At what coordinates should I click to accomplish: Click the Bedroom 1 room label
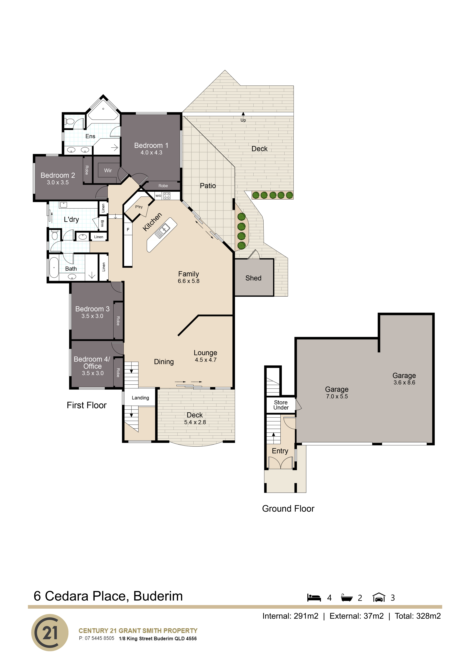click(x=151, y=146)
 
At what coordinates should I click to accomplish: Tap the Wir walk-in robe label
click(x=108, y=171)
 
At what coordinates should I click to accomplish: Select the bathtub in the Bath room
click(x=54, y=268)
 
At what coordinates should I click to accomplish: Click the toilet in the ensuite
click(x=69, y=122)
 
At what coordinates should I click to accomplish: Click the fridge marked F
click(x=128, y=230)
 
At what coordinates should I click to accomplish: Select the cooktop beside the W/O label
click(x=167, y=196)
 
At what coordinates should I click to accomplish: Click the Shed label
click(x=253, y=278)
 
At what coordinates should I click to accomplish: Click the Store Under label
click(x=281, y=405)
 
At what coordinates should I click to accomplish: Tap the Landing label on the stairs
click(x=140, y=398)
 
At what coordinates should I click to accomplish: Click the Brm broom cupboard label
click(x=102, y=223)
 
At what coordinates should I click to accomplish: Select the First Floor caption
click(x=87, y=405)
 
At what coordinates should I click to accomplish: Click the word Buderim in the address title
click(x=158, y=596)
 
